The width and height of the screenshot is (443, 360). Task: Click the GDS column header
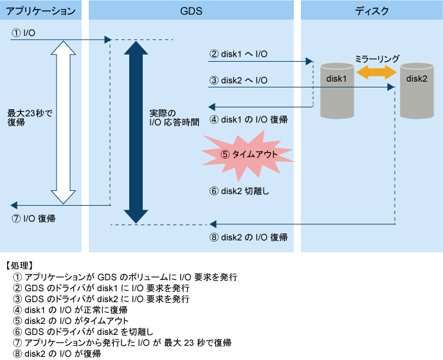(x=191, y=11)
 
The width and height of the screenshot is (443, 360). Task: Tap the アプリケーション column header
(x=41, y=11)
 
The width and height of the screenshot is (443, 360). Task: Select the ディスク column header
(x=372, y=11)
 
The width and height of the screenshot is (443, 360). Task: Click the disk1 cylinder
(x=337, y=91)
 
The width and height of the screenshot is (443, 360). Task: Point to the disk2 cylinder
(x=417, y=91)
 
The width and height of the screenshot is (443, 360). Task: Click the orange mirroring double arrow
(x=377, y=73)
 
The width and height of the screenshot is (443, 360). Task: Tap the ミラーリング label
(x=377, y=59)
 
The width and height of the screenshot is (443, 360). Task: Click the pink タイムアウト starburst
(x=248, y=155)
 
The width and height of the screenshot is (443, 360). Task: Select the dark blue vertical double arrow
(x=136, y=132)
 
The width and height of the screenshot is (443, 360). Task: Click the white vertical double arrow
(x=63, y=122)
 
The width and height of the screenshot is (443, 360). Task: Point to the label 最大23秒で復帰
(x=30, y=118)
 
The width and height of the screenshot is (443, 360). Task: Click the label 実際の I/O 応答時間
(x=174, y=118)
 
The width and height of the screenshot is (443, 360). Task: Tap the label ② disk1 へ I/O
(x=238, y=54)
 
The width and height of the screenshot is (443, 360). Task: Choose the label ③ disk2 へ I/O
(x=238, y=80)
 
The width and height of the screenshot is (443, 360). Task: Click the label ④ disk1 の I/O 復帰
(x=249, y=120)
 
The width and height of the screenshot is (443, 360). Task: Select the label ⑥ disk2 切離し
(x=239, y=192)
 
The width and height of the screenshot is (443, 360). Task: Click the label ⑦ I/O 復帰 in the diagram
(x=33, y=219)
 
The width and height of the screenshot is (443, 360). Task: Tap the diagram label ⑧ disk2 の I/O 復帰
(x=249, y=237)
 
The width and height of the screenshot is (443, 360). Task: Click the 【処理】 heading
(x=19, y=265)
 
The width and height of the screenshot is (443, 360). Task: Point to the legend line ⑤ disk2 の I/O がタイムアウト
(x=71, y=321)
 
